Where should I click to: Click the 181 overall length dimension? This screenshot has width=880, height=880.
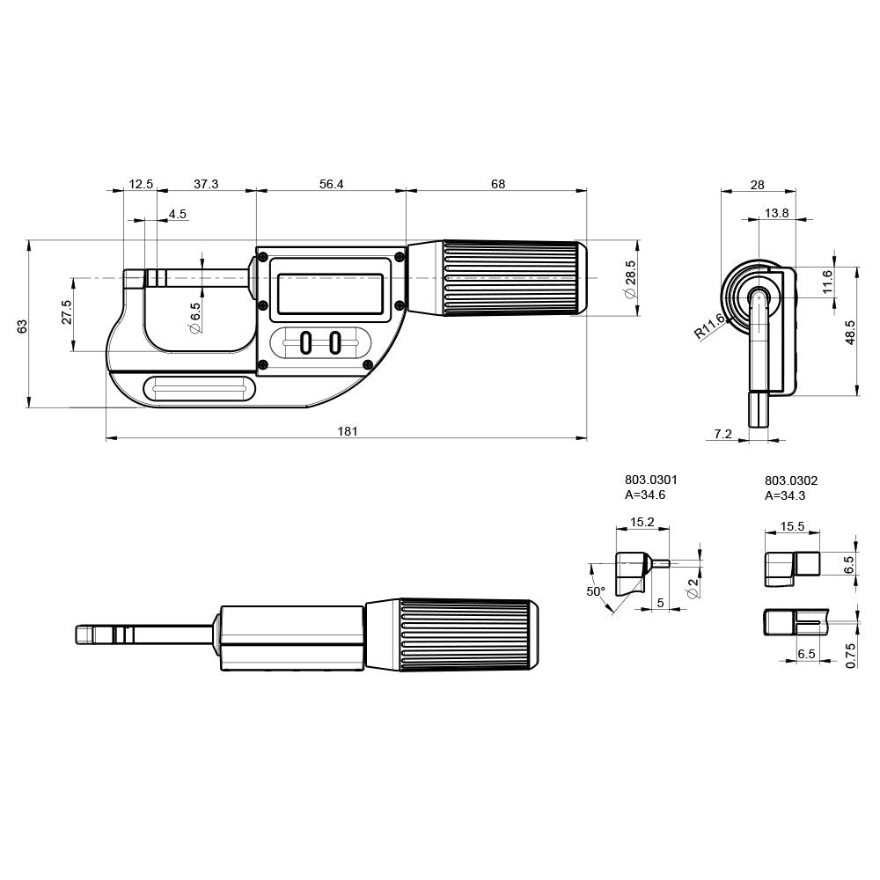click(348, 431)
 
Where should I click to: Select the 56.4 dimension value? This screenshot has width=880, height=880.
click(331, 184)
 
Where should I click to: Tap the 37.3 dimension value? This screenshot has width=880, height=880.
click(206, 184)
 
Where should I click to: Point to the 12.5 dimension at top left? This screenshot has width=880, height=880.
click(141, 184)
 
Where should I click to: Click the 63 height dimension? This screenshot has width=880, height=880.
click(23, 326)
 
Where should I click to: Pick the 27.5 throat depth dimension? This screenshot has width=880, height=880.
click(67, 312)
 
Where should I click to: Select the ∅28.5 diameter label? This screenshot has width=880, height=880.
click(630, 279)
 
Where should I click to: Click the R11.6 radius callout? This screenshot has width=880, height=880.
click(709, 326)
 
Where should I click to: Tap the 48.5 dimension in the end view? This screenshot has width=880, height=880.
click(850, 333)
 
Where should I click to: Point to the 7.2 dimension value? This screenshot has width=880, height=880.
click(722, 434)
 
